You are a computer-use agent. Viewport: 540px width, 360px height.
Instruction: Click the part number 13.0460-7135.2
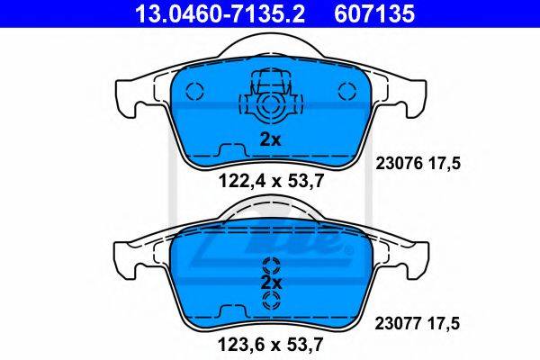(x=220, y=13)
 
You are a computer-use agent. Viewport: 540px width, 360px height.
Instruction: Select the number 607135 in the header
(x=374, y=13)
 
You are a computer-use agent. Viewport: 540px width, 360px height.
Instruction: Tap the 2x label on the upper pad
(x=270, y=139)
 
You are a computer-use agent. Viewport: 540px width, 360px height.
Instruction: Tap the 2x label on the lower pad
(x=272, y=283)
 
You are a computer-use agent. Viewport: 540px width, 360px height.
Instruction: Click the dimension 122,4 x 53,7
(x=271, y=181)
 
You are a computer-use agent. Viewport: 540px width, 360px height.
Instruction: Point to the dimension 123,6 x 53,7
(x=271, y=345)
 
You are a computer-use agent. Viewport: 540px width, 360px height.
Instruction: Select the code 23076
(x=399, y=163)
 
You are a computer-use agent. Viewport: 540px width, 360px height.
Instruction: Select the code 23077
(x=398, y=323)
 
